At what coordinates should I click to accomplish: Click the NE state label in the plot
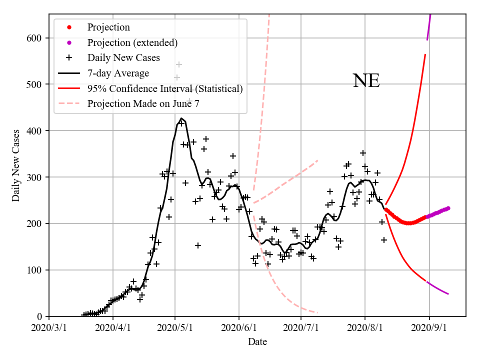tap(366, 81)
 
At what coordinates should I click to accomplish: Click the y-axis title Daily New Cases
tap(16, 165)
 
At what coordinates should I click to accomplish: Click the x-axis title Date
tap(257, 342)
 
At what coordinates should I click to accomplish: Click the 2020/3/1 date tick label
tap(49, 328)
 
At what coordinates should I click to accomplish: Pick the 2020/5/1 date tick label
tap(174, 328)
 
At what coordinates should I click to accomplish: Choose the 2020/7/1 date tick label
tap(300, 328)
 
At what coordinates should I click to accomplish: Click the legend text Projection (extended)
tap(132, 42)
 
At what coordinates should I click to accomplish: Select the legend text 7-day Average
tap(118, 73)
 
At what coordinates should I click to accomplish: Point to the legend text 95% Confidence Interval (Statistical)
tap(164, 89)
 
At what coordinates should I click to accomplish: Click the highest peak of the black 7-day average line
tap(181, 118)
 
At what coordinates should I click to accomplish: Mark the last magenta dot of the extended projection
tap(448, 208)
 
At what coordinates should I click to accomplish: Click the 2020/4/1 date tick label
tap(112, 328)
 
